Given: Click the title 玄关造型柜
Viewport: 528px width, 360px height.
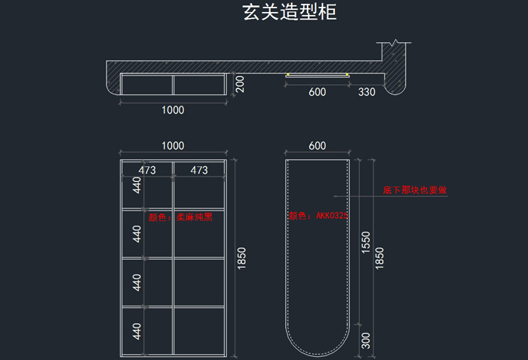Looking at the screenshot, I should (x=289, y=13).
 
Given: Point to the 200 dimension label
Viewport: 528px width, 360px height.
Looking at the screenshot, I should (x=240, y=84).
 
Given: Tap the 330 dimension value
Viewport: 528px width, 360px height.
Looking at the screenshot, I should (x=367, y=92).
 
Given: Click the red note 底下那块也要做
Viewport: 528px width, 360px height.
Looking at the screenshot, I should (x=415, y=190).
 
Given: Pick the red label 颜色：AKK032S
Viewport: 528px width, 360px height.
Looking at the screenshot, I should (x=318, y=216).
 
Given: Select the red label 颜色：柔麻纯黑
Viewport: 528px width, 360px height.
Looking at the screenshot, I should (x=180, y=217).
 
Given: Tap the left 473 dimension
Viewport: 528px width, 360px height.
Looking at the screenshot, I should (x=146, y=171).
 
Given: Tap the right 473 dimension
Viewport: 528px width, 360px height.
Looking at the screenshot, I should (x=198, y=171).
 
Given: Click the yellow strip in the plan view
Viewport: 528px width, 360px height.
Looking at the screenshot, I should (x=317, y=75).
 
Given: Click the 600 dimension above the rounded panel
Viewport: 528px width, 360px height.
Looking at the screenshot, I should (x=317, y=146).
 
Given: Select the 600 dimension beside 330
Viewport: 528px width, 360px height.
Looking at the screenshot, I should (x=317, y=92).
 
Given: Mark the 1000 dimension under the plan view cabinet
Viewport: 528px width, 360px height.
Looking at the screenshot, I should (x=173, y=110).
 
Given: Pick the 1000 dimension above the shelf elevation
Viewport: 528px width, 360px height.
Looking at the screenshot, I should (x=173, y=146).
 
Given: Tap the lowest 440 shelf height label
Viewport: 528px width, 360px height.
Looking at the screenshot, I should (x=137, y=331).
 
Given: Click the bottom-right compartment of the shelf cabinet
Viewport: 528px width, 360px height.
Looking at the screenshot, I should (x=199, y=331).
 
